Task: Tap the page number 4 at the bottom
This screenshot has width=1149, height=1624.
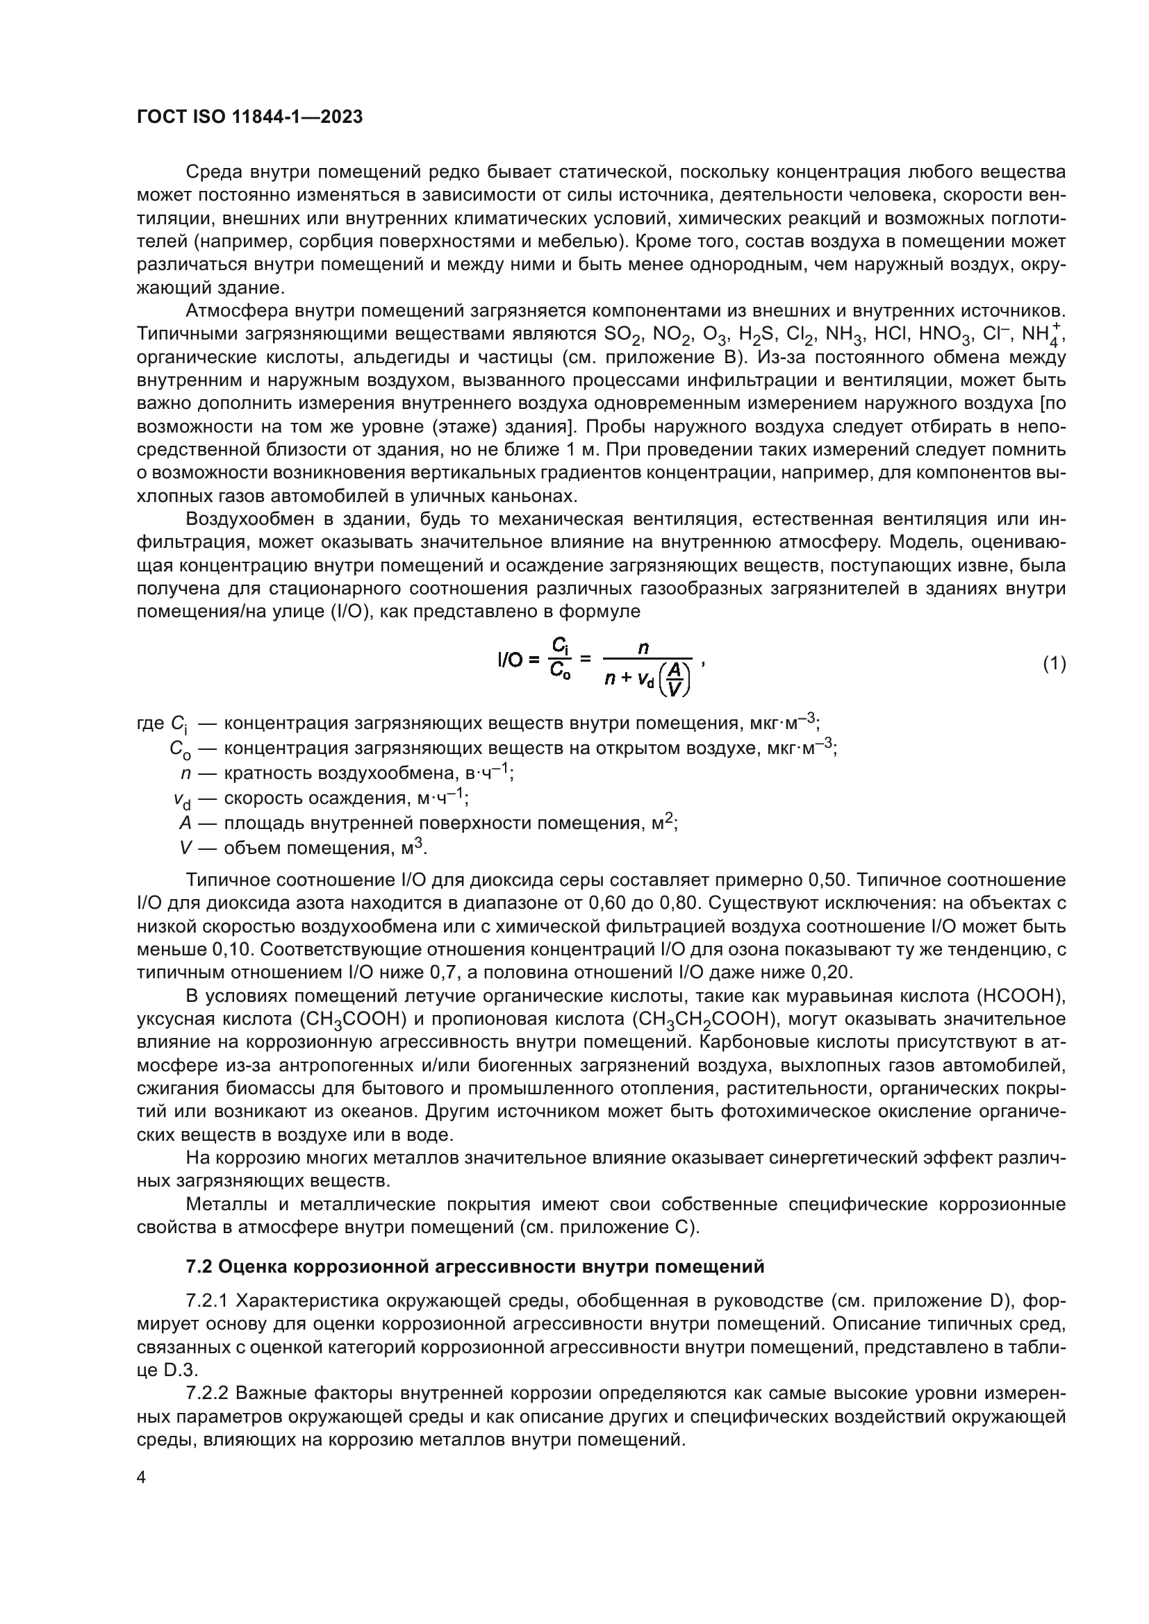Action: [142, 1477]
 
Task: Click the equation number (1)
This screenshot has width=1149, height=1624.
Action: [1054, 664]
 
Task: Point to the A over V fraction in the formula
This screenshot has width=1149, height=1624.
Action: [675, 680]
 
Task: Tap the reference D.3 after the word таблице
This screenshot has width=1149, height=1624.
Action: [179, 1371]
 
